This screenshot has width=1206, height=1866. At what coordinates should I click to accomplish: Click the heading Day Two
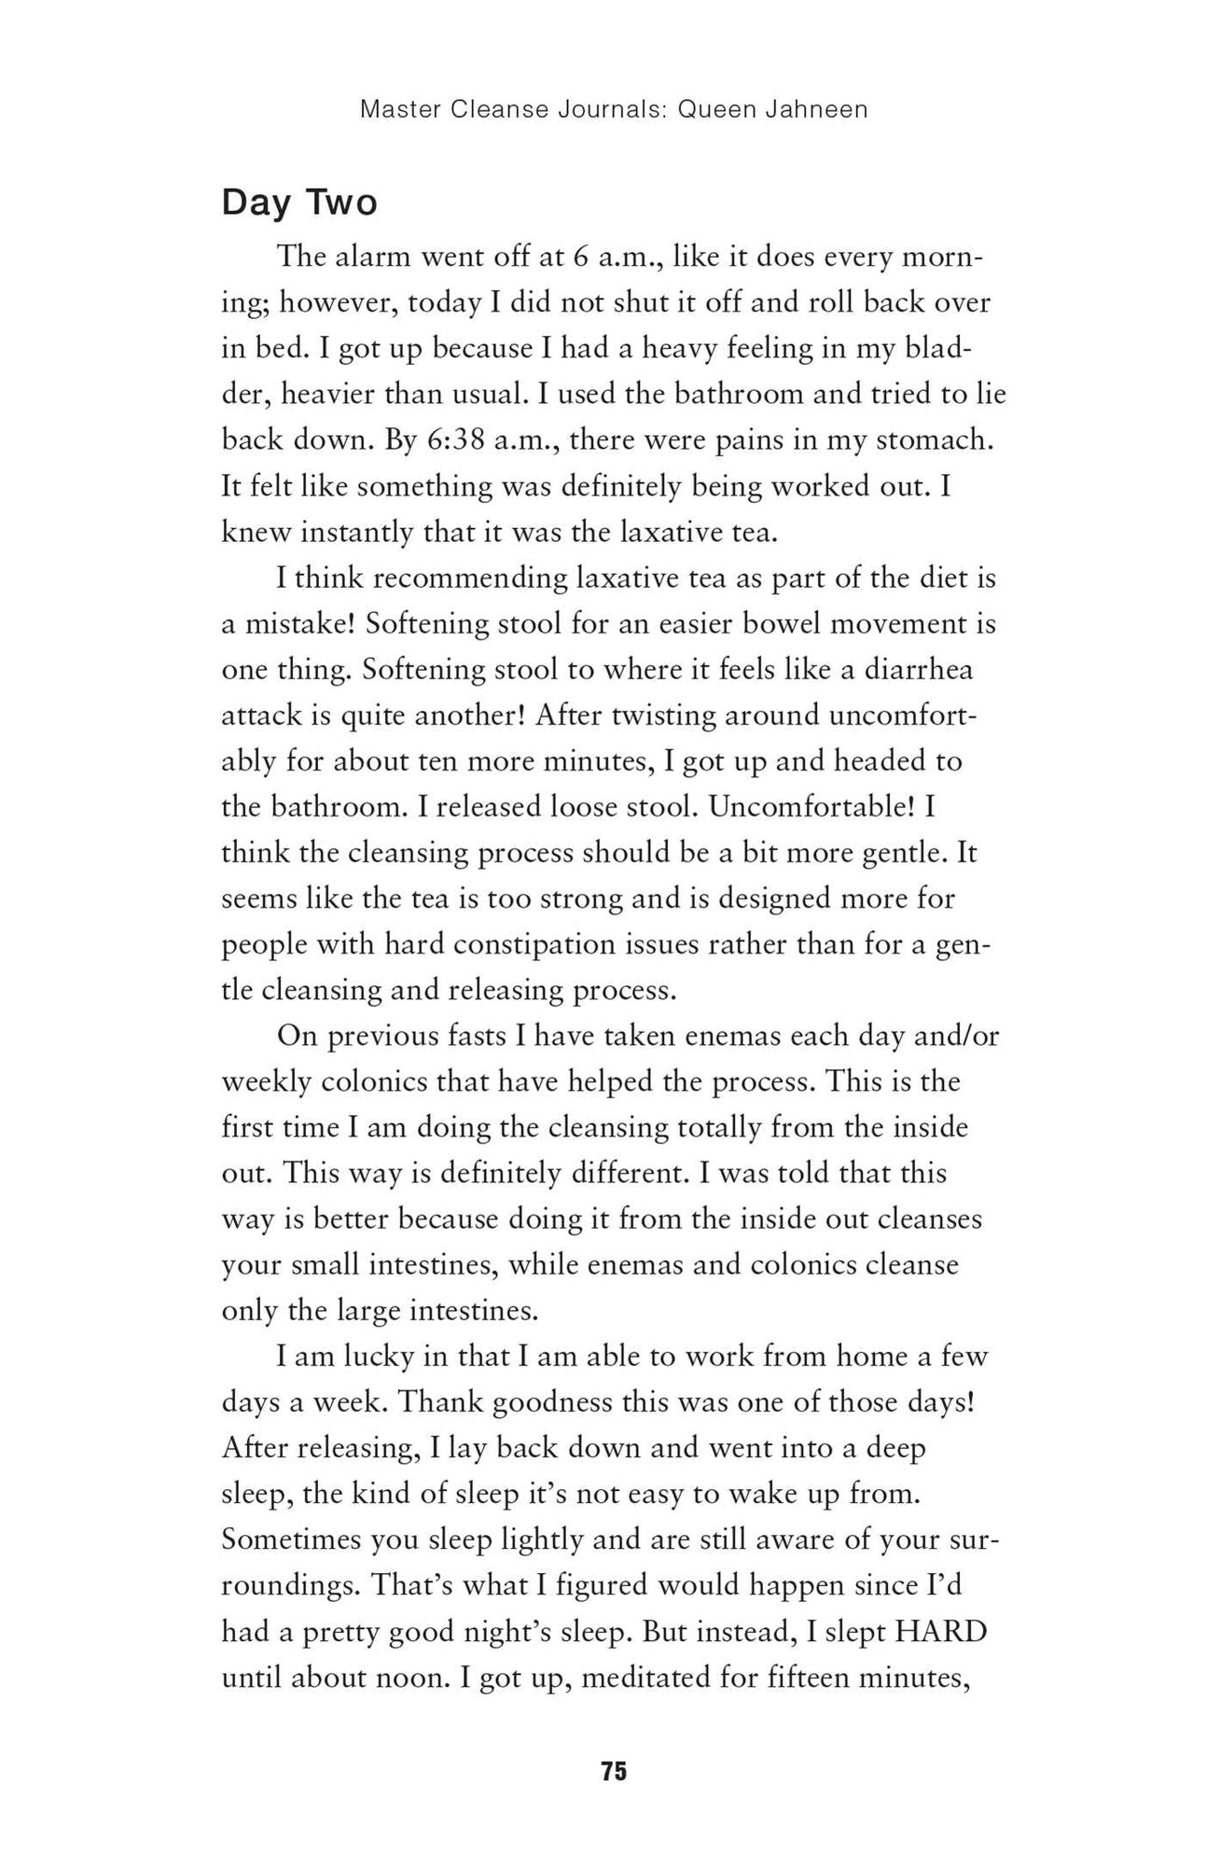tap(299, 202)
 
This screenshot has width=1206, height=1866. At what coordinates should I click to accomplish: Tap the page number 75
tap(614, 1772)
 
